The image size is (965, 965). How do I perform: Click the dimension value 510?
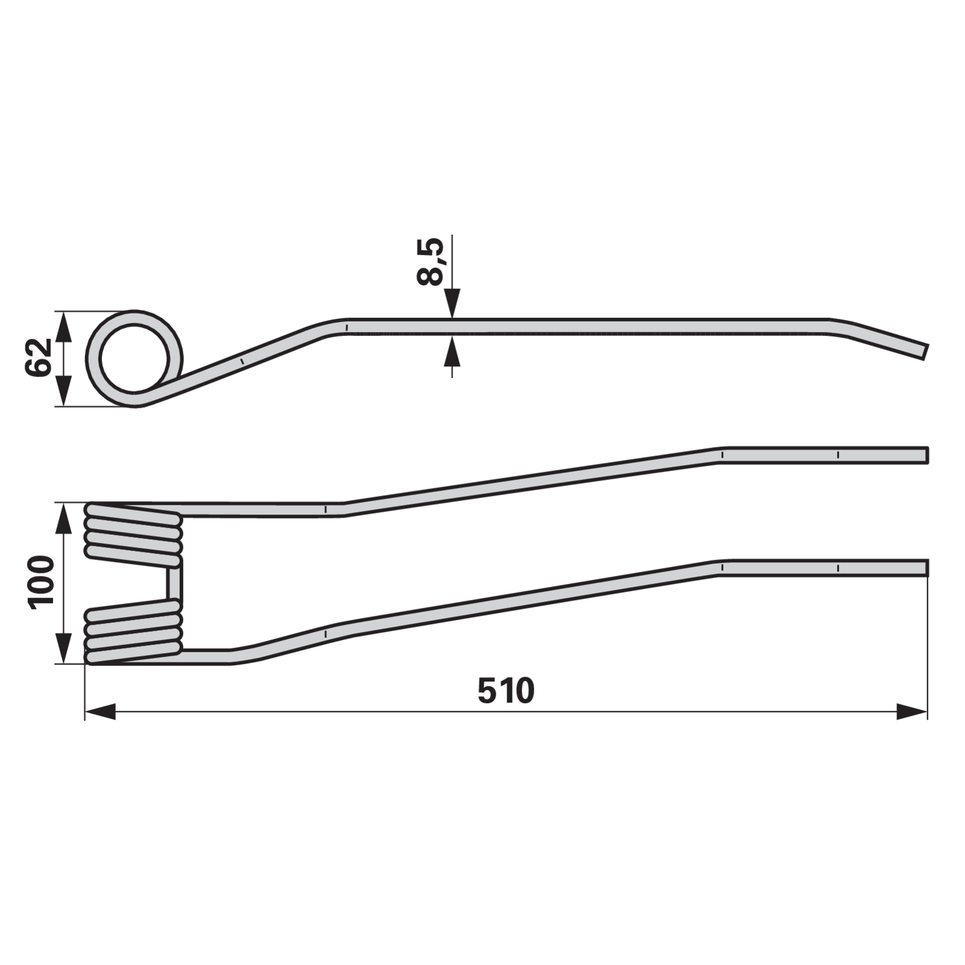pyautogui.click(x=505, y=691)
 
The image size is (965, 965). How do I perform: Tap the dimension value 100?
pyautogui.click(x=41, y=582)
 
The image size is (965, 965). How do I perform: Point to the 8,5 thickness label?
pyautogui.click(x=430, y=261)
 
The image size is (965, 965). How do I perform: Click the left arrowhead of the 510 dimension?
pyautogui.click(x=100, y=711)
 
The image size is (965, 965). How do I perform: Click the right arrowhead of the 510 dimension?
pyautogui.click(x=912, y=711)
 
